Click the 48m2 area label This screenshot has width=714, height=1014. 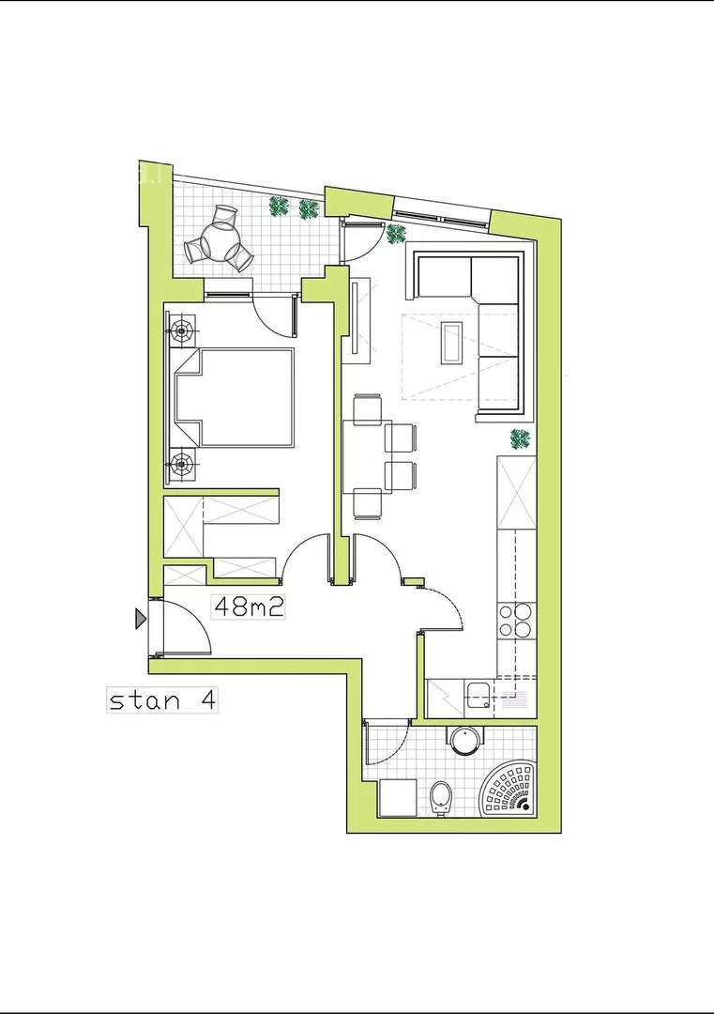pos(249,607)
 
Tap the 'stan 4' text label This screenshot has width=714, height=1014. pos(161,699)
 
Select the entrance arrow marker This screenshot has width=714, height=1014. pos(140,619)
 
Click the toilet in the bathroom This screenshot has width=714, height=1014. pos(441,798)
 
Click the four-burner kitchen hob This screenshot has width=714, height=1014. pos(515,621)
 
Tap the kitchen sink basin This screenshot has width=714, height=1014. pos(479,695)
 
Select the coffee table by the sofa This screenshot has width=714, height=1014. pos(450,343)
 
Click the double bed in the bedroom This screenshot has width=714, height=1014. pos(234,397)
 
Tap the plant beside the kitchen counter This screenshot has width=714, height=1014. pos(520,439)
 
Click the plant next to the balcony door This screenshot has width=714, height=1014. pos(396,233)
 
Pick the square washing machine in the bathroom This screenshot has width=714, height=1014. pos(398,798)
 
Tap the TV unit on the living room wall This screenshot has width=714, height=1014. pos(360,316)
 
